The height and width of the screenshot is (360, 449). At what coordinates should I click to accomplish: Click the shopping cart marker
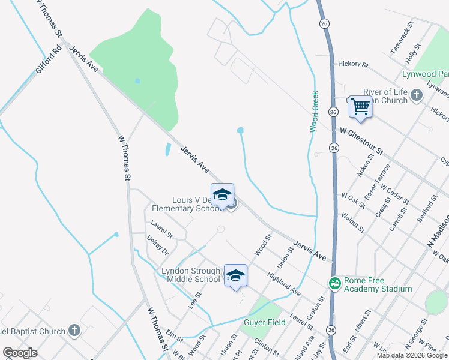360,106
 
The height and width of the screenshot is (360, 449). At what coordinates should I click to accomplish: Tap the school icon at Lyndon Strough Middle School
235,275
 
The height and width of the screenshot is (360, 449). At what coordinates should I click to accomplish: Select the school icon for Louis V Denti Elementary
222,194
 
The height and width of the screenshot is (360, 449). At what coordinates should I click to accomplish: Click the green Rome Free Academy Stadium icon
334,282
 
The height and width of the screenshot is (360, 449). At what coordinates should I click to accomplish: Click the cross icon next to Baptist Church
74,331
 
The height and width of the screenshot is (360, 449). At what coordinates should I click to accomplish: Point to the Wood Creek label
314,111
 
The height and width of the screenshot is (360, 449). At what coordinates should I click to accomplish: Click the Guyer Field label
264,322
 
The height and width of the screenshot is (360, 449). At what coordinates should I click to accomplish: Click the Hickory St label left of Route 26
352,64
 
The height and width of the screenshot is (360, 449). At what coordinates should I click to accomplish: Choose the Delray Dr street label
158,245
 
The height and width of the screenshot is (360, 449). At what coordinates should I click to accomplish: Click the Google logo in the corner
20,353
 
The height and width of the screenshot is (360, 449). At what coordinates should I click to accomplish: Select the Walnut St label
353,220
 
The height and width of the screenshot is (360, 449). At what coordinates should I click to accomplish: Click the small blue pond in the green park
138,80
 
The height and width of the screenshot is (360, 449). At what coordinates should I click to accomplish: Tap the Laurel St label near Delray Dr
161,230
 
